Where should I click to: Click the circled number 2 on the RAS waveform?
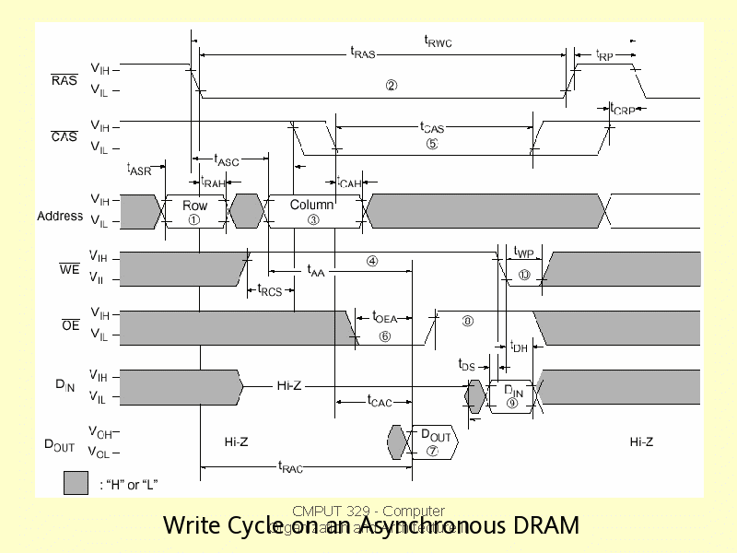(392, 86)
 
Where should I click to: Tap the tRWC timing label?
(438, 41)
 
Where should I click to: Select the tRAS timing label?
(363, 53)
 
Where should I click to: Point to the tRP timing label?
(603, 55)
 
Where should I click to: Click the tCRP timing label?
(623, 109)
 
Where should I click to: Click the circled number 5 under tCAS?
(432, 143)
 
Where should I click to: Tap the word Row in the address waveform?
(194, 206)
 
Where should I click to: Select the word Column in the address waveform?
(311, 205)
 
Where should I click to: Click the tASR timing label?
(138, 169)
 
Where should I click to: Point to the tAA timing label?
(316, 271)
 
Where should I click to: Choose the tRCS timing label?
(269, 290)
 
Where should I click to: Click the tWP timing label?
(523, 253)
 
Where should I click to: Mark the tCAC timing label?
(380, 401)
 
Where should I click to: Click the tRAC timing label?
(290, 467)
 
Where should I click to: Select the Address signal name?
(60, 217)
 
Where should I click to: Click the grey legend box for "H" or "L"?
(76, 482)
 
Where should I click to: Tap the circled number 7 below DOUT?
(432, 451)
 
